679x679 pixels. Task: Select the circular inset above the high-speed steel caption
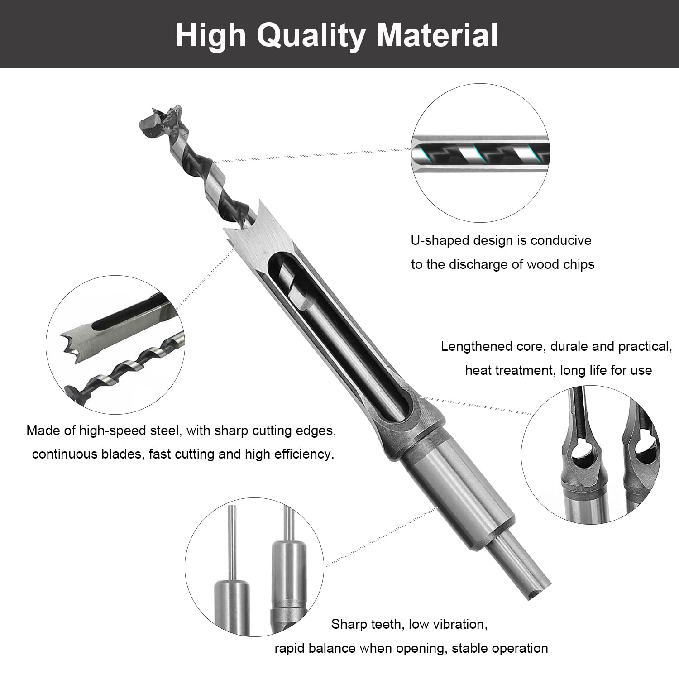click(x=115, y=345)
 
